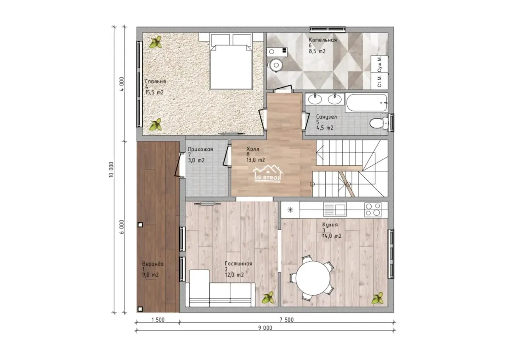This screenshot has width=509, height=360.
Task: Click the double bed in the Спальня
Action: pyautogui.click(x=231, y=61)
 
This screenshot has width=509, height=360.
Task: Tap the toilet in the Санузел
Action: pyautogui.click(x=379, y=123)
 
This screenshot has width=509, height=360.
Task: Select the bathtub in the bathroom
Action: pyautogui.click(x=366, y=103)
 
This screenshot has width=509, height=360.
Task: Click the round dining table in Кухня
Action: pyautogui.click(x=313, y=278)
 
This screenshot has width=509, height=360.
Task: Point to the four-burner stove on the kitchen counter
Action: pyautogui.click(x=373, y=209)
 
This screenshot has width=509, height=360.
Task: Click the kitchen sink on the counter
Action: pyautogui.click(x=335, y=209)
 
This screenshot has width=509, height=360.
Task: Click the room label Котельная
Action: pyautogui.click(x=322, y=40)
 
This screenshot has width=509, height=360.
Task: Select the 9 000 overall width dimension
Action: pyautogui.click(x=265, y=328)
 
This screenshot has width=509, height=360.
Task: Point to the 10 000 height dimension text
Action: pyautogui.click(x=111, y=170)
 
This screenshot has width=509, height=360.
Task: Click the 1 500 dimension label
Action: pyautogui.click(x=158, y=320)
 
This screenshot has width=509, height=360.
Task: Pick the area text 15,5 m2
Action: pyautogui.click(x=154, y=92)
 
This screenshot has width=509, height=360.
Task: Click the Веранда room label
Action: pyautogui.click(x=153, y=264)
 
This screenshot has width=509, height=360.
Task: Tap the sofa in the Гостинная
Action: pyautogui.click(x=220, y=288)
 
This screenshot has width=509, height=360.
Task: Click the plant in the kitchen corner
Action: pyautogui.click(x=378, y=299)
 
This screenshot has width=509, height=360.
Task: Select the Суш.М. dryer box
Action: pyautogui.click(x=379, y=64)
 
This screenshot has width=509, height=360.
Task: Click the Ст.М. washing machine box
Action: pyautogui.click(x=379, y=81)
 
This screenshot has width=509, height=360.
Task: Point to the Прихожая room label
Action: pyautogui.click(x=200, y=149)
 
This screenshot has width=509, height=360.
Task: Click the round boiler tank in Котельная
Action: pyautogui.click(x=276, y=65)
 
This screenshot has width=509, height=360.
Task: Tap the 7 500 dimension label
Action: pyautogui.click(x=287, y=320)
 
